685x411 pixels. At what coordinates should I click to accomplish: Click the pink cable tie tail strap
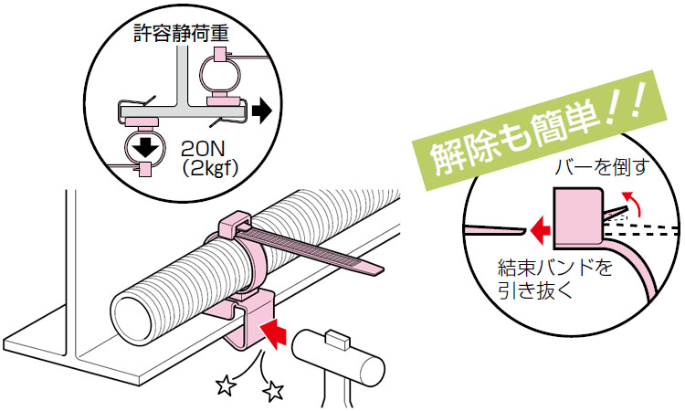pos(320,255)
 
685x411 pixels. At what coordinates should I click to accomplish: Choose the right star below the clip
pos(271,393)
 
